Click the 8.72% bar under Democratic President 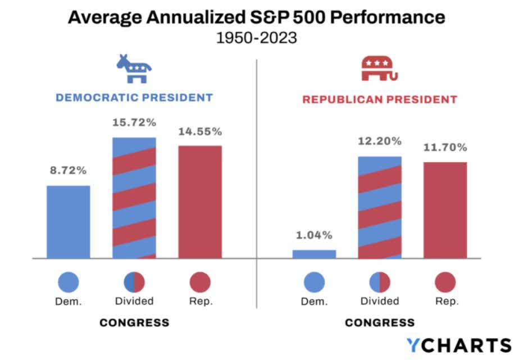click(68, 222)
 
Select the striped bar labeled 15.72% click(134, 198)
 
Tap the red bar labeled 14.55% click(200, 202)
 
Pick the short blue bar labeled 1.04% click(314, 254)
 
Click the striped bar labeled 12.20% click(380, 207)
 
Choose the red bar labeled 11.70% click(445, 210)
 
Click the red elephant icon click(379, 69)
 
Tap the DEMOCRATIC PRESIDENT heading click(134, 98)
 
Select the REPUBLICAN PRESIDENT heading click(380, 100)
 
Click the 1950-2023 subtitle click(257, 38)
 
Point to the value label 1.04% click(314, 235)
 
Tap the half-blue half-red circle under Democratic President click(134, 282)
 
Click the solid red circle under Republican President click(446, 282)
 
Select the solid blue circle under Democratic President click(68, 282)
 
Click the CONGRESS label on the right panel click(380, 323)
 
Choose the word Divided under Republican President click(380, 301)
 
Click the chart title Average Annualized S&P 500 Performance click(257, 17)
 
